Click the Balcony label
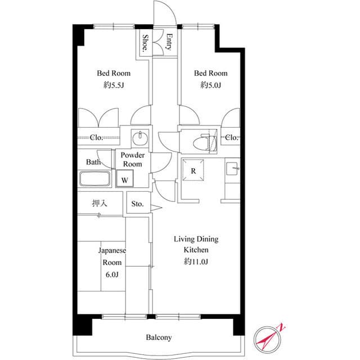point(159,337)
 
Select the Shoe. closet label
point(145,43)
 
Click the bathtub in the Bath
point(97,179)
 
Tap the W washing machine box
point(124,180)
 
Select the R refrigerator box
point(193,172)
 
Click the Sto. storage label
point(137,204)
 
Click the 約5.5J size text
point(114,85)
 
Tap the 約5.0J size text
point(211,85)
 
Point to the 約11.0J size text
point(195,261)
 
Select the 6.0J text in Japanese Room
point(112,274)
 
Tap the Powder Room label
point(133,160)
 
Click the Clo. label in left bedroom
point(96,137)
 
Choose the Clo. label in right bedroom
point(231,137)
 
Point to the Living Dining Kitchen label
point(195,244)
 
